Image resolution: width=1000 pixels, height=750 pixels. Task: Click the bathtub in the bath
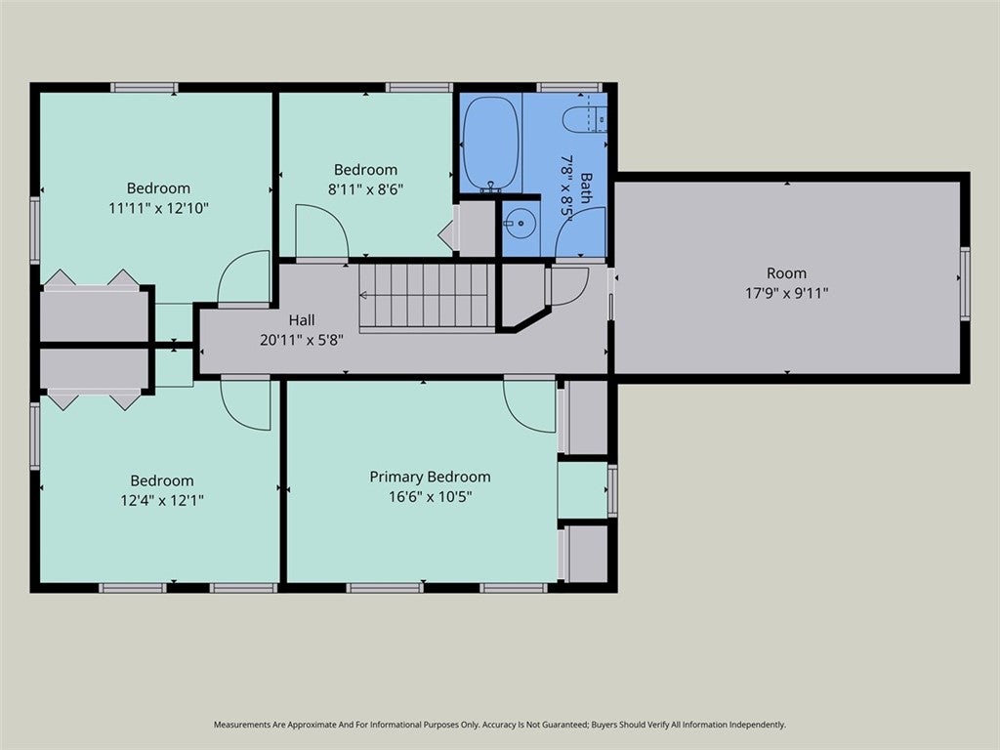(x=490, y=143)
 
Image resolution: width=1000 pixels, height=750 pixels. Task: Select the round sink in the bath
(x=521, y=224)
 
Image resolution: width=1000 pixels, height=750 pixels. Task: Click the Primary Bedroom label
(x=431, y=477)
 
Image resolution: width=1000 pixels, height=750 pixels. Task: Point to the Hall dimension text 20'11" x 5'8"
(x=302, y=340)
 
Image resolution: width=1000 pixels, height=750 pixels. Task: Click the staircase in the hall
(x=427, y=297)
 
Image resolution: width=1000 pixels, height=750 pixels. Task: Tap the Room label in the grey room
(x=786, y=273)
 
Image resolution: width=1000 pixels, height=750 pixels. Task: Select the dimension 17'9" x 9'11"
(x=786, y=293)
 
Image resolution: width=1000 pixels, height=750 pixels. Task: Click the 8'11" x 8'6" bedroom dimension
(x=365, y=189)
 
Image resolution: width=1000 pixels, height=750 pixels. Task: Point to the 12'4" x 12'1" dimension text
(x=162, y=501)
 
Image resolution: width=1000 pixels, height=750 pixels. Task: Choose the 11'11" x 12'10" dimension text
(x=159, y=208)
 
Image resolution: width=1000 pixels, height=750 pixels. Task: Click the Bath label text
(x=586, y=188)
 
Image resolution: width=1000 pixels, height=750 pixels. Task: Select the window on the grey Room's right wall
(x=965, y=283)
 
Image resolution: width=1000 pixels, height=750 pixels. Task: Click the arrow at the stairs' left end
(x=364, y=295)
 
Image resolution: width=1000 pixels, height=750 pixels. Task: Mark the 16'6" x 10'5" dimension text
(x=431, y=497)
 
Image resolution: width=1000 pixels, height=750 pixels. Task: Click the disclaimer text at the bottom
(x=499, y=725)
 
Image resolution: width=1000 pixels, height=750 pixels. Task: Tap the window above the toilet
(x=569, y=87)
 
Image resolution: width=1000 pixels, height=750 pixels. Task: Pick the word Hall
(x=302, y=319)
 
